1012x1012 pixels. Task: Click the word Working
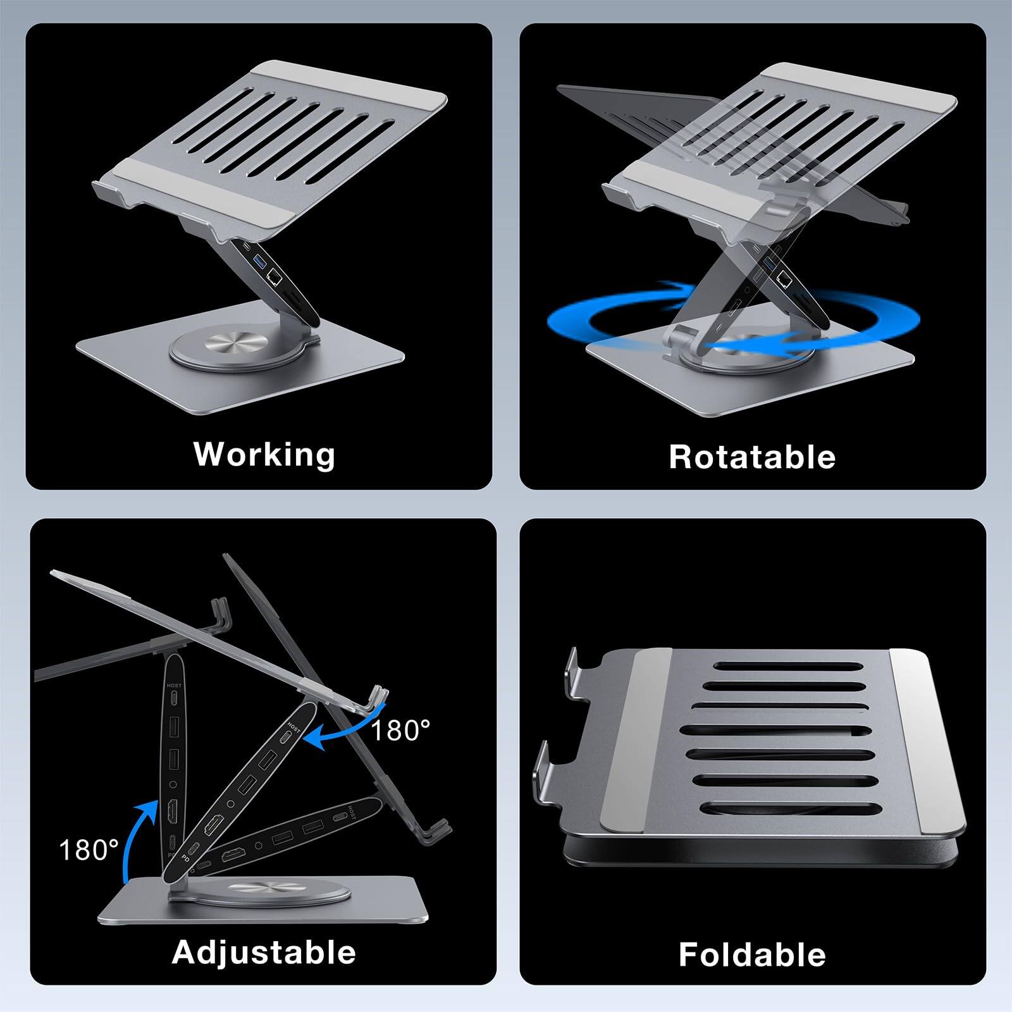point(264,454)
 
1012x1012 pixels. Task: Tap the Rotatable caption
point(752,457)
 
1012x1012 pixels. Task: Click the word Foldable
point(752,954)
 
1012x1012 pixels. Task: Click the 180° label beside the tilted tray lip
point(400,731)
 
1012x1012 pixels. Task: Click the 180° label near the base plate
point(89,850)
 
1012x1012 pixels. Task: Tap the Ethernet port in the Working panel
point(275,276)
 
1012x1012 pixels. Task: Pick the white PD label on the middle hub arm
point(186,860)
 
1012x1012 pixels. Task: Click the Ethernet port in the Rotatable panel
point(785,276)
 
